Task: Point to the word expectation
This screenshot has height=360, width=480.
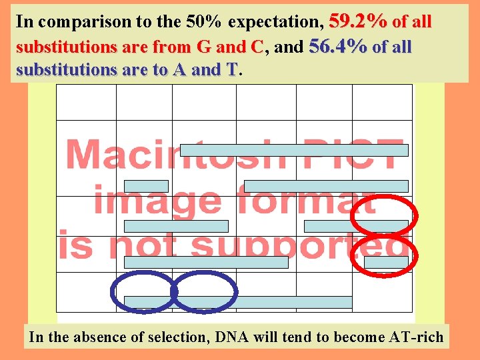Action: point(275,23)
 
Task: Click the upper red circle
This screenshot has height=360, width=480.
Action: point(384,216)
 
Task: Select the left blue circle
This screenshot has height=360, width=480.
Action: point(141,291)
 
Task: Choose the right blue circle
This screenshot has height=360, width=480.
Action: point(203,291)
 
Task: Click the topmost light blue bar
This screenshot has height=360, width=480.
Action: point(294,150)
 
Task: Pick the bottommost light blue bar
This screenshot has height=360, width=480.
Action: point(238,302)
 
